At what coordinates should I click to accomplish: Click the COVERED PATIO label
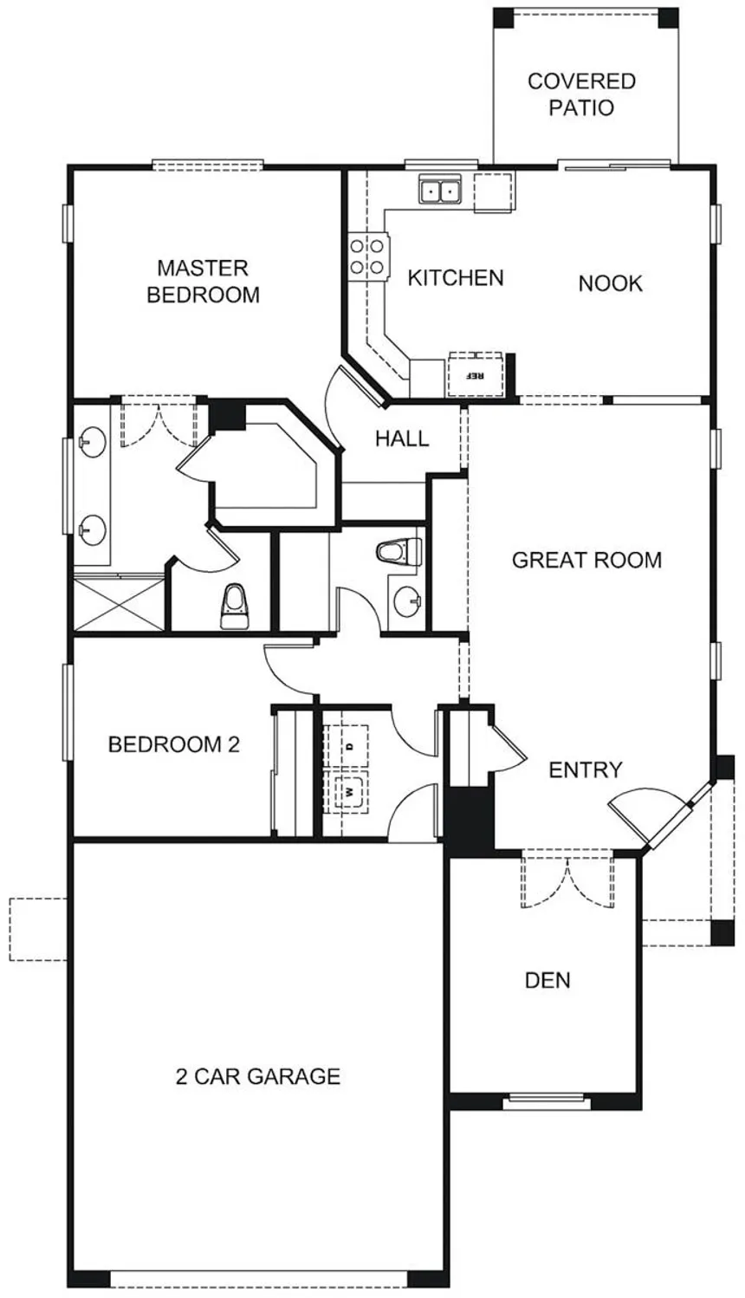tap(581, 94)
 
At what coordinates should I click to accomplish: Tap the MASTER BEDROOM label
tap(203, 281)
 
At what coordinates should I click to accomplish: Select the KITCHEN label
tap(456, 278)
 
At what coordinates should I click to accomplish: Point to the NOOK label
tap(611, 283)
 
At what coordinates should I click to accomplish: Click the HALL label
tap(402, 438)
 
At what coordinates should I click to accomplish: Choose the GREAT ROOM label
tap(586, 560)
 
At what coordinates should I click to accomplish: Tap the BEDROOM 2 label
tap(174, 744)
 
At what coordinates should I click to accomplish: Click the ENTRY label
tap(585, 770)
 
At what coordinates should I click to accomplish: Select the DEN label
tap(547, 981)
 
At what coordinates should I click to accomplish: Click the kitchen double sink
tap(440, 189)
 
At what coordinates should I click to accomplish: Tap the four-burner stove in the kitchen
tap(368, 256)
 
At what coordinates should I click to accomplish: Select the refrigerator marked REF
tap(475, 373)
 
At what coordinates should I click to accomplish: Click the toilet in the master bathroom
tap(233, 607)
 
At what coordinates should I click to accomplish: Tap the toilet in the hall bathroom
tap(398, 552)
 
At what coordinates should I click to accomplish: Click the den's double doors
tap(567, 879)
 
